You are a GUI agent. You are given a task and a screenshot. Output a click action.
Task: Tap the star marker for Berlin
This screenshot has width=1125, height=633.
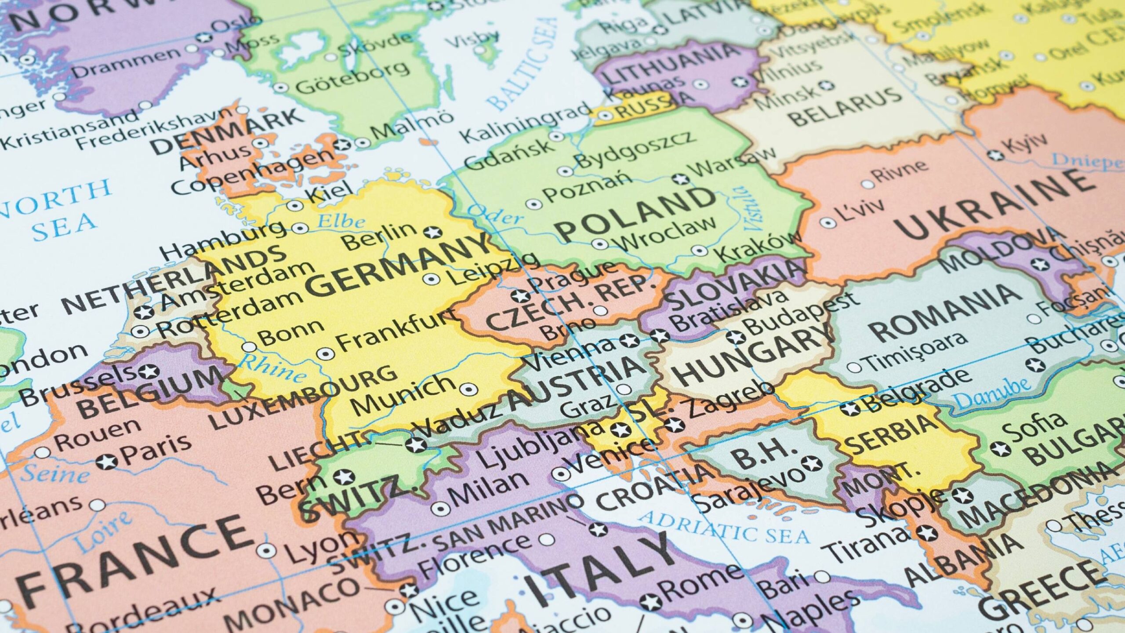[x=432, y=233]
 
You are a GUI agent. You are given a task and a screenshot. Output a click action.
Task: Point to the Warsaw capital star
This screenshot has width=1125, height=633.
[x=681, y=179]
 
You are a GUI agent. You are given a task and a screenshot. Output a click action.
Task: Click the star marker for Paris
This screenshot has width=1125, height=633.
[x=106, y=462]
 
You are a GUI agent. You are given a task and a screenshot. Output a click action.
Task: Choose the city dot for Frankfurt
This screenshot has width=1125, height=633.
[x=325, y=353]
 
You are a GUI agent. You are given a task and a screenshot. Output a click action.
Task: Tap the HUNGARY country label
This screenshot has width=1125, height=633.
[x=754, y=357]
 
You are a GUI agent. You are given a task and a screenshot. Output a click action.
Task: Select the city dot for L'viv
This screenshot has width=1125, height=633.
[x=828, y=223]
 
